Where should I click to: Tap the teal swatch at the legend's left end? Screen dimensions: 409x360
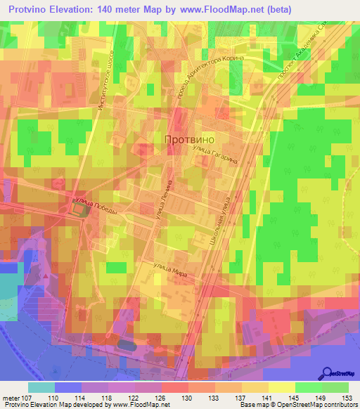point(41,388)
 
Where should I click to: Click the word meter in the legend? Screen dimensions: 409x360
point(11,398)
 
